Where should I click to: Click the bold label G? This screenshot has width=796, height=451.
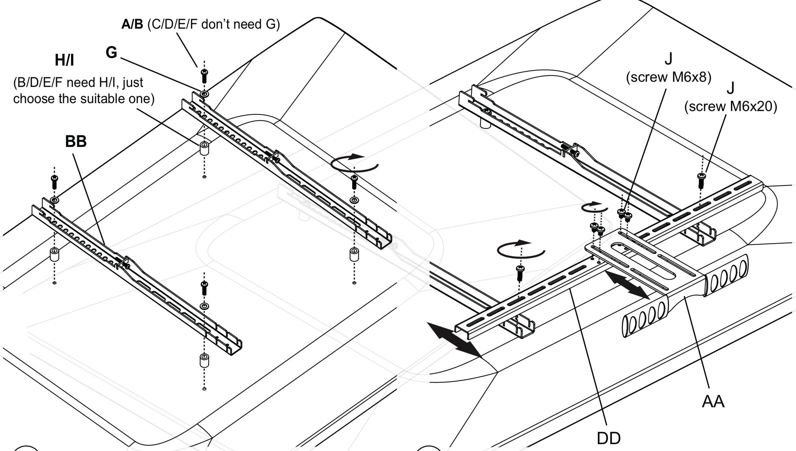point(111,53)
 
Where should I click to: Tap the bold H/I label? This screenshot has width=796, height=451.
point(64,60)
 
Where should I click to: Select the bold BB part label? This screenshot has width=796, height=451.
point(76,141)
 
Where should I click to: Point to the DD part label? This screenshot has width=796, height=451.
point(609,438)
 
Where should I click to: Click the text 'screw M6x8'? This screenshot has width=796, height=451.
point(669,77)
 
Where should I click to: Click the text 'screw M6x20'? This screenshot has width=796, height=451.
point(731,107)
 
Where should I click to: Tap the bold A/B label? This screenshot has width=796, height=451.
point(132,24)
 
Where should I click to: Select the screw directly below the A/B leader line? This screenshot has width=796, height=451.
point(204,76)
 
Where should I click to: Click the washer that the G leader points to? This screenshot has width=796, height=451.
point(204,94)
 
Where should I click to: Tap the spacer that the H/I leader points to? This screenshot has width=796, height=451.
point(204,148)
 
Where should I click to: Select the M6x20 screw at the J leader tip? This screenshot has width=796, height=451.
point(701,180)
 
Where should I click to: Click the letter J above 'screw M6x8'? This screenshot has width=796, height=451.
point(668,59)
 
